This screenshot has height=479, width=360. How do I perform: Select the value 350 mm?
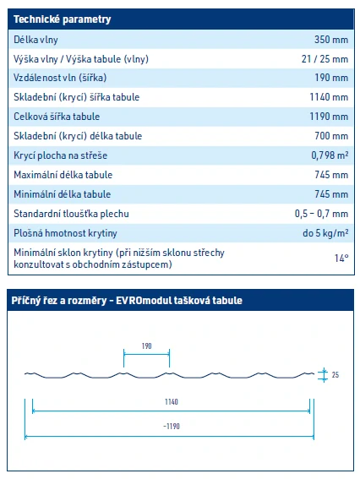click(331, 39)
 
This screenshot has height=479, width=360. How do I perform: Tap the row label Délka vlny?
click(36, 39)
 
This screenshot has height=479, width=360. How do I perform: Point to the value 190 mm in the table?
click(331, 78)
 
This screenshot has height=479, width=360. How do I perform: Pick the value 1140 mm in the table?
click(329, 97)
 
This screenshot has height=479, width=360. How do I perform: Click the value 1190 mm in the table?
click(329, 117)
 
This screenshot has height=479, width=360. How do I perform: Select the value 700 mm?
click(331, 136)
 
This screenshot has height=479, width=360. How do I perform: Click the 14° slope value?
click(340, 258)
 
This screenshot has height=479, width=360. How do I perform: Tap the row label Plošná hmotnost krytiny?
click(65, 233)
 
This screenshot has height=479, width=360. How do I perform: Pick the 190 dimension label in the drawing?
click(146, 346)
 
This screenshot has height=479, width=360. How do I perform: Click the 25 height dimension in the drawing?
click(334, 374)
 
